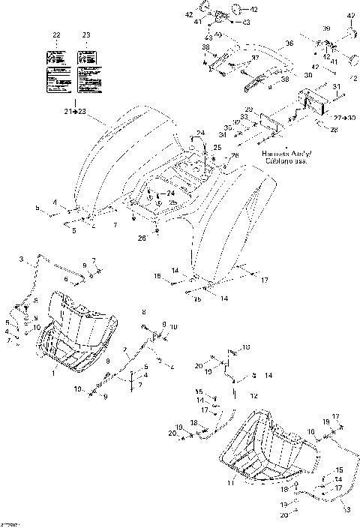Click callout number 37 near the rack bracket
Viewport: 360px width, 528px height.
[x=255, y=58]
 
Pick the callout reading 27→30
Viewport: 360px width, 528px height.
[x=344, y=118]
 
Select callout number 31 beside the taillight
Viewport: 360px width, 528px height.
[x=337, y=87]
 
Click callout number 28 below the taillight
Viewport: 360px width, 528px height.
[x=334, y=130]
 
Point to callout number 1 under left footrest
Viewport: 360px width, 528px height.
[x=53, y=373]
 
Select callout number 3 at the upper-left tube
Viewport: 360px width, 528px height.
[x=22, y=259]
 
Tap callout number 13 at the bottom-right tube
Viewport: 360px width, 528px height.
[x=345, y=509]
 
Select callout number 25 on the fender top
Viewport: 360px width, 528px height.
[x=217, y=148]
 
